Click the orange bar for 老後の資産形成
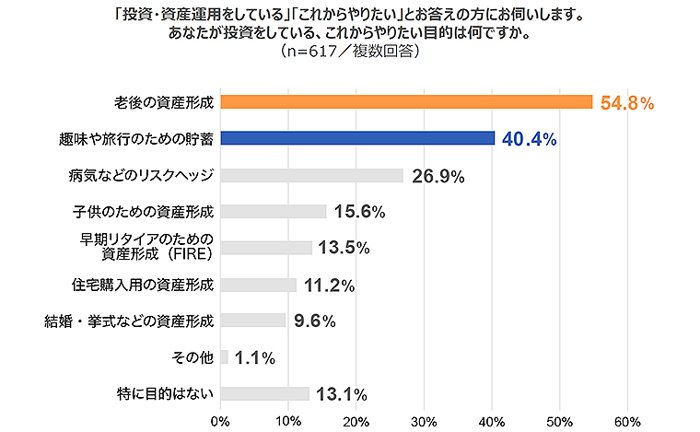pyautogui.click(x=405, y=102)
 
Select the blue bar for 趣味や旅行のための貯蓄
pyautogui.click(x=357, y=138)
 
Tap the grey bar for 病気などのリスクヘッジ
pyautogui.click(x=311, y=175)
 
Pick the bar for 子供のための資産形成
pyautogui.click(x=274, y=211)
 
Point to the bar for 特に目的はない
pyautogui.click(x=265, y=394)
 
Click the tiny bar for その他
pyautogui.click(x=224, y=357)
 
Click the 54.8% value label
pyautogui.click(x=626, y=103)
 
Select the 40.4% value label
pyautogui.click(x=530, y=139)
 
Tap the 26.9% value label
pyautogui.click(x=437, y=176)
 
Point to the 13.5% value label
pyautogui.click(x=343, y=248)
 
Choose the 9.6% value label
pyautogui.click(x=313, y=321)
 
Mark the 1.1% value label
pyautogui.click(x=254, y=358)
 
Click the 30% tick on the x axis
pyautogui.click(x=424, y=421)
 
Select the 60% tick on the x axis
pyautogui.click(x=627, y=421)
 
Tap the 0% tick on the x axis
pyautogui.click(x=220, y=421)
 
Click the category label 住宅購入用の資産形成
pyautogui.click(x=143, y=284)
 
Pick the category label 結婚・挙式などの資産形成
pyautogui.click(x=130, y=321)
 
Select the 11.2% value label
pyautogui.click(x=329, y=285)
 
